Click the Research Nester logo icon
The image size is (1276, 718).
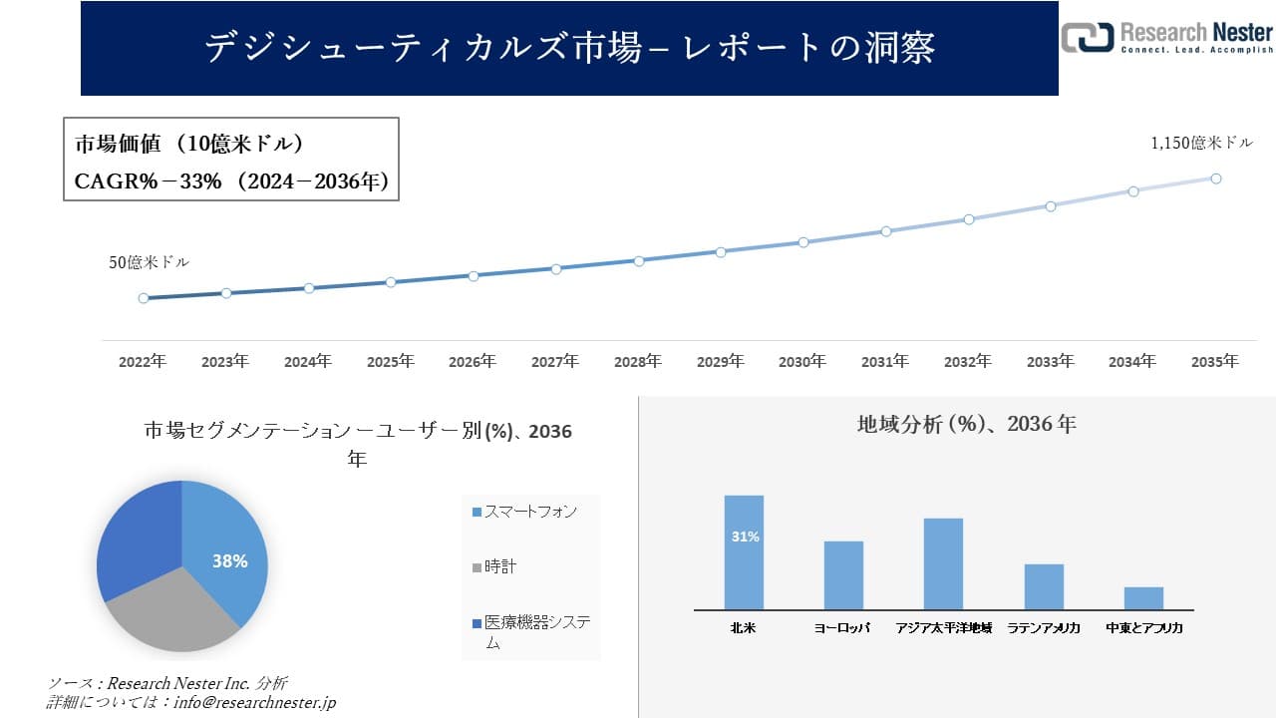pyautogui.click(x=1088, y=38)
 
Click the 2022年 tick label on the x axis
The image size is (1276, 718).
pyautogui.click(x=143, y=362)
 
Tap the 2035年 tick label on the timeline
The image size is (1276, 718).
pyautogui.click(x=1215, y=362)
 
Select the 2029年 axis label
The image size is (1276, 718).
pyautogui.click(x=720, y=362)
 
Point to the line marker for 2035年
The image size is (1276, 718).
pyautogui.click(x=1216, y=179)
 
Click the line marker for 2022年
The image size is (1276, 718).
pyautogui.click(x=144, y=298)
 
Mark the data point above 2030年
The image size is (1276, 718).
pyautogui.click(x=802, y=242)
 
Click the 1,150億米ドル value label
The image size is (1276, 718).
pyautogui.click(x=1201, y=144)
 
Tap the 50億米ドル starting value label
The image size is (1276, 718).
pyautogui.click(x=149, y=263)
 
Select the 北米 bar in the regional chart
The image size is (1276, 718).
pyautogui.click(x=744, y=552)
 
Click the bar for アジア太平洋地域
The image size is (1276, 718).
pyautogui.click(x=943, y=563)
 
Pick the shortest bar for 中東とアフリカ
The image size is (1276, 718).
pyautogui.click(x=1143, y=598)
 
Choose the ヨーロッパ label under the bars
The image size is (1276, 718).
pyautogui.click(x=842, y=628)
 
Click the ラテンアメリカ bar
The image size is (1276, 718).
pyautogui.click(x=1044, y=586)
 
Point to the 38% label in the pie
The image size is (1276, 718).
pyautogui.click(x=229, y=561)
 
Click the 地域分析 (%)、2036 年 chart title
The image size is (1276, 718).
pyautogui.click(x=966, y=424)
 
